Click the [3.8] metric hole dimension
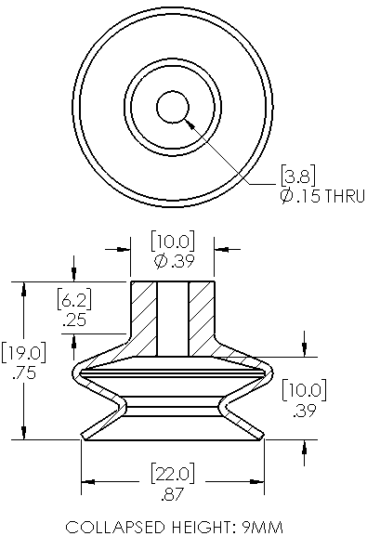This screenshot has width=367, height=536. coord(298,175)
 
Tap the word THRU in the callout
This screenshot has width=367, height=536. coord(344,196)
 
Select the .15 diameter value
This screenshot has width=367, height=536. coord(308,196)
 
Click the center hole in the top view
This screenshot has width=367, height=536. coord(173,107)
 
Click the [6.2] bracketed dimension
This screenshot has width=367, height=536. coord(74,299)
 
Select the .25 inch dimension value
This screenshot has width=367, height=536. coord(74,320)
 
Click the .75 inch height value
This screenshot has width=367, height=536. coord(23,373)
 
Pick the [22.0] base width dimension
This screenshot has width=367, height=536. coord(173,473)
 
